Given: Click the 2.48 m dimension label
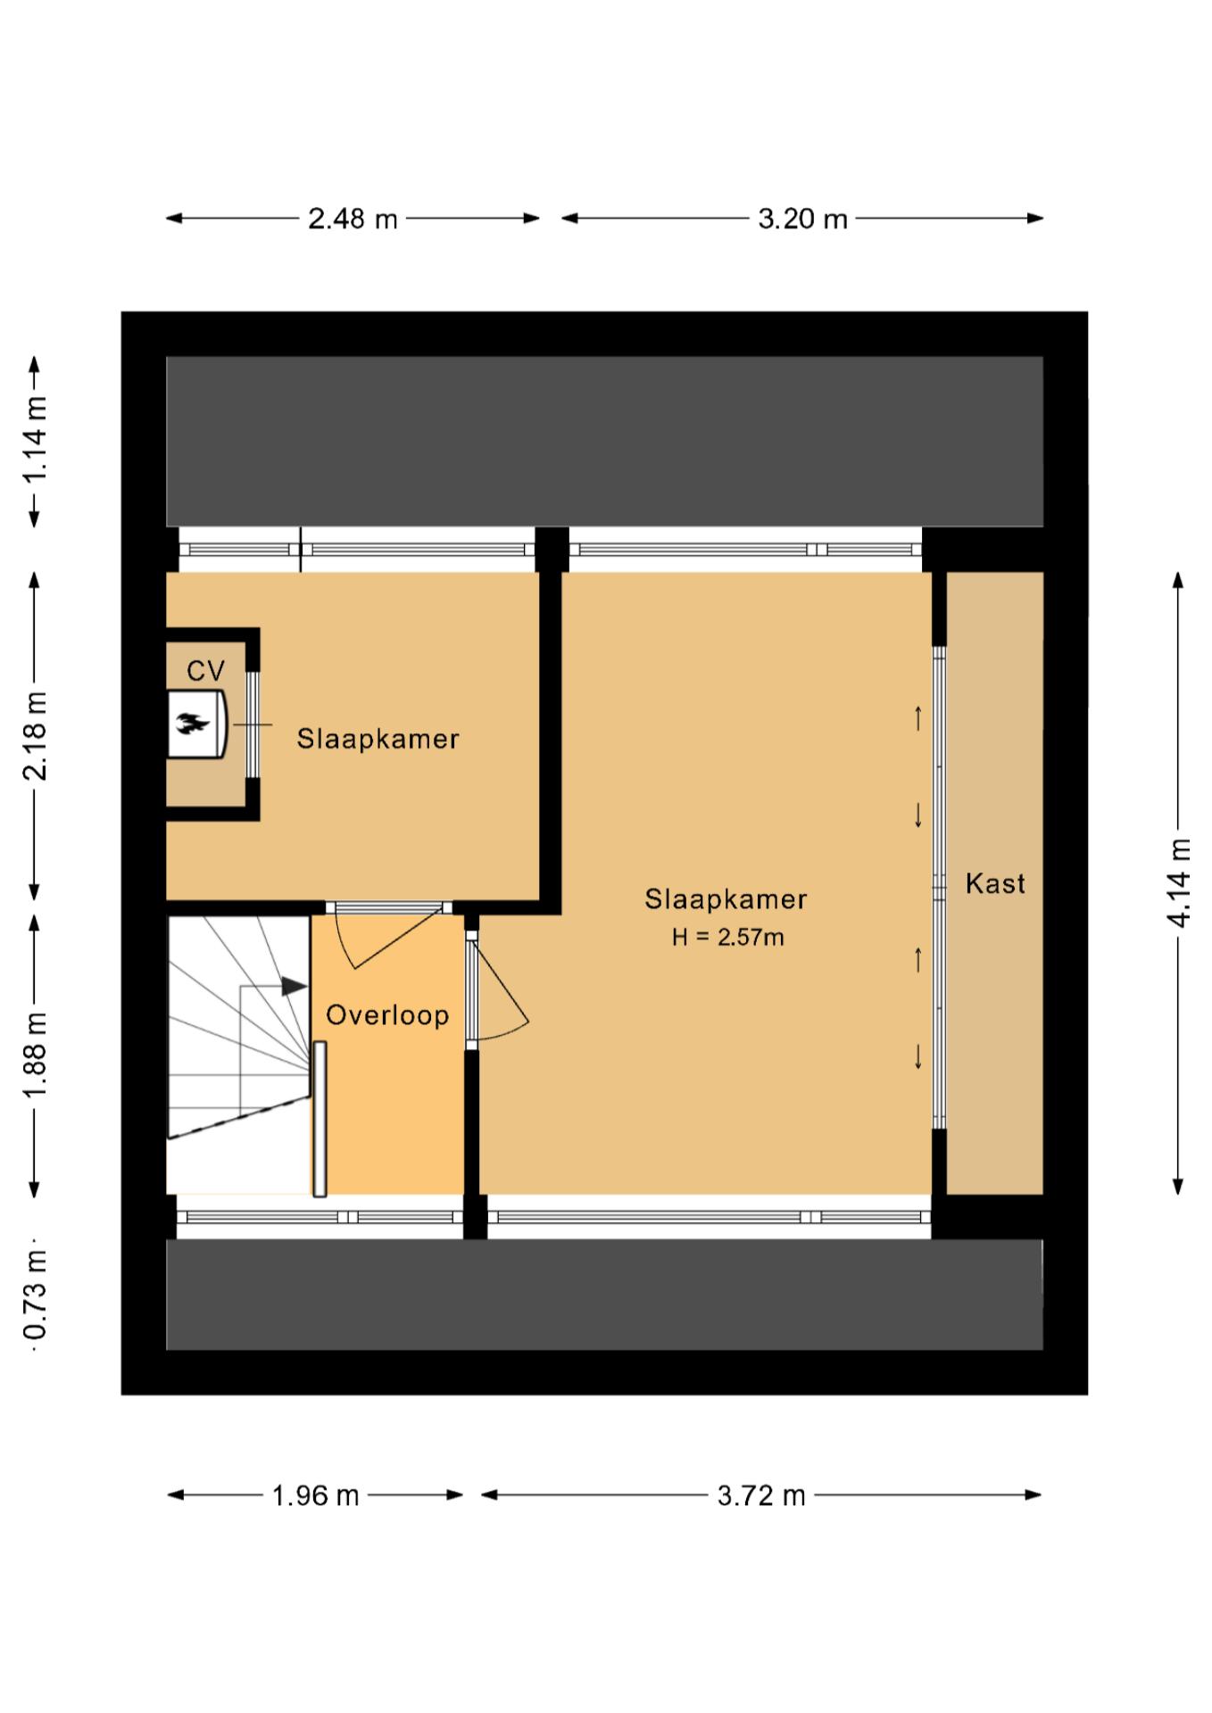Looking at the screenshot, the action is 353,219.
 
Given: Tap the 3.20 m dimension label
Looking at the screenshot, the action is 802,219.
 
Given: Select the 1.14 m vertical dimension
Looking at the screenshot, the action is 36,441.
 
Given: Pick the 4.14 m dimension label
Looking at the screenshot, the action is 1178,882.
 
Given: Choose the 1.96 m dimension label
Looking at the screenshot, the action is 315,1495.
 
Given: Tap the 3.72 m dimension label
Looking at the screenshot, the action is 761,1495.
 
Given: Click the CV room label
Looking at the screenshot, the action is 205,671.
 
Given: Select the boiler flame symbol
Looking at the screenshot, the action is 191,724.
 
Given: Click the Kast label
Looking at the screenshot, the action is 995,884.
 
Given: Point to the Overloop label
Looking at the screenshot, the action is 387,1015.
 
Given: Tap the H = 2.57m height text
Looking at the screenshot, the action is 728,937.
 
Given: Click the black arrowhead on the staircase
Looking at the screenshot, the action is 295,986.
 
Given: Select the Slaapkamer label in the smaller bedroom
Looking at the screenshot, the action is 378,739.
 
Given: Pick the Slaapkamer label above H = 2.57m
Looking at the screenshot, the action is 726,899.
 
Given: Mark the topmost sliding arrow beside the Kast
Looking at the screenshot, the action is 917,717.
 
